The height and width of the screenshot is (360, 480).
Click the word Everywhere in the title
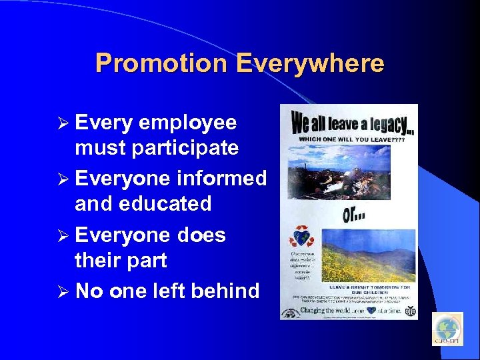[310, 63]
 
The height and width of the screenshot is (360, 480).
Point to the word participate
[185, 147]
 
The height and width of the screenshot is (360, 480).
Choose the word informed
[222, 179]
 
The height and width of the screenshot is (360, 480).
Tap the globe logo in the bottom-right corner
[447, 329]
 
